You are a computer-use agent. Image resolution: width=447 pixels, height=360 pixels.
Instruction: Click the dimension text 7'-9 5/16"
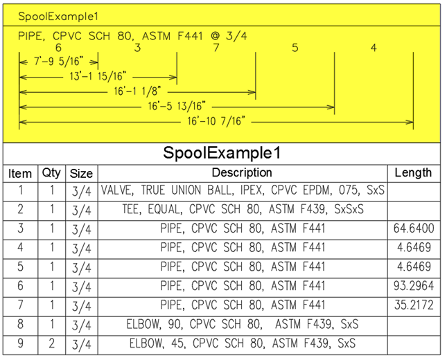(59, 62)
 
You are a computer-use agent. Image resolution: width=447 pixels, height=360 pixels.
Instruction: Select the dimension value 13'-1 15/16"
(98, 77)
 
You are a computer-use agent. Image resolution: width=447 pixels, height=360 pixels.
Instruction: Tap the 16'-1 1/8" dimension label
(137, 91)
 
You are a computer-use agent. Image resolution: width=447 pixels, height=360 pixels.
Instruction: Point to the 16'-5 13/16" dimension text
(177, 107)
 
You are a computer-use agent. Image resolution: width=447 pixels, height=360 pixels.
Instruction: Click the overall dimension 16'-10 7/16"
(216, 122)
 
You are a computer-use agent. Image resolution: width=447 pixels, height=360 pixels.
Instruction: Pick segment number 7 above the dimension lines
(216, 48)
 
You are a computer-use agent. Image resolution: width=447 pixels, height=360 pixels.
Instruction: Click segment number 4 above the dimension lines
(374, 48)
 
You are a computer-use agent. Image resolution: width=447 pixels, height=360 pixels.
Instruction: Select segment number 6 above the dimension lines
(58, 48)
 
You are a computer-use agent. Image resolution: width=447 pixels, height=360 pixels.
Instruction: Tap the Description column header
(242, 173)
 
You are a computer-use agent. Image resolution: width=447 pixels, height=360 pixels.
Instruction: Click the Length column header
(413, 173)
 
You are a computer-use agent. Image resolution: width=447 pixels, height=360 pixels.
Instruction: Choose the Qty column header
(51, 173)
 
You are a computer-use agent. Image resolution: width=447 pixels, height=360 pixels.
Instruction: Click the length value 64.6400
(414, 228)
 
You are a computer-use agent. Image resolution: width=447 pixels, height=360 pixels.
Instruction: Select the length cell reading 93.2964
(414, 286)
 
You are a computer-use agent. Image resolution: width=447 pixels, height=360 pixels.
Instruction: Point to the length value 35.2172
(414, 305)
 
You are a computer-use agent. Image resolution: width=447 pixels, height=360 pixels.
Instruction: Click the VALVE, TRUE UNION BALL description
(243, 190)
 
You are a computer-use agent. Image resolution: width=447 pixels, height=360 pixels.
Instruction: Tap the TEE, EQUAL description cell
(243, 209)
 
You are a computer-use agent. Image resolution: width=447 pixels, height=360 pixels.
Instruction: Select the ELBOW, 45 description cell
(243, 343)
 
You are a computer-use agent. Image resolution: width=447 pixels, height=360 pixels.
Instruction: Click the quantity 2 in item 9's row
(51, 343)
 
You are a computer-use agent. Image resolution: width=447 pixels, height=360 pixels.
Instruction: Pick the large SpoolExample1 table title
(222, 153)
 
